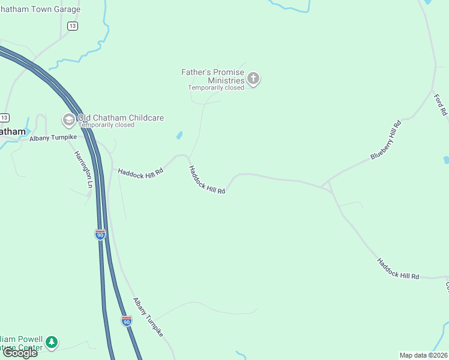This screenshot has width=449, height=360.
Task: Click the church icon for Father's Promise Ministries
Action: [x=253, y=78]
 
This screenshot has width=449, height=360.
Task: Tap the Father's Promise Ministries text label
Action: [x=213, y=76]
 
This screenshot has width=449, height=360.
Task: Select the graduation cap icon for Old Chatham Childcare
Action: [x=68, y=120]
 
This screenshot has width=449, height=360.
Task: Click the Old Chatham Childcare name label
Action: [x=121, y=118]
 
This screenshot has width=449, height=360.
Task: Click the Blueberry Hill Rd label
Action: [x=385, y=140]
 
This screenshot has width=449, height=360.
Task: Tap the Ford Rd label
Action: [x=441, y=104]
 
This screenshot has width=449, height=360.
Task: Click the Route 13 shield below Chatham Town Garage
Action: [x=73, y=26]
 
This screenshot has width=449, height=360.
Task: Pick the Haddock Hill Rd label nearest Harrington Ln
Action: [x=140, y=172]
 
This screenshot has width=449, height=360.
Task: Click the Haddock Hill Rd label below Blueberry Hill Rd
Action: [x=398, y=268]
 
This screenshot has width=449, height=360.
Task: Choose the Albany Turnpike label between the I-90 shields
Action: [x=148, y=317]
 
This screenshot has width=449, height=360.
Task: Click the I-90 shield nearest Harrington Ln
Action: [x=100, y=234]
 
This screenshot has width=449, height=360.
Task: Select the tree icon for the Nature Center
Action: [x=52, y=342]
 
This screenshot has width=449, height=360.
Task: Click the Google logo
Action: [x=20, y=352]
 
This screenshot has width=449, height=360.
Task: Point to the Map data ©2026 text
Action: [x=423, y=355]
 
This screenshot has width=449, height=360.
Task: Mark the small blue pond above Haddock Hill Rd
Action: [x=179, y=136]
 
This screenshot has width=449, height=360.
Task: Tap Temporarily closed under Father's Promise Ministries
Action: [x=216, y=88]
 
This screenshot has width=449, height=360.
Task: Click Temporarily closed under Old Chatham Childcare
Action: [x=110, y=125]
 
